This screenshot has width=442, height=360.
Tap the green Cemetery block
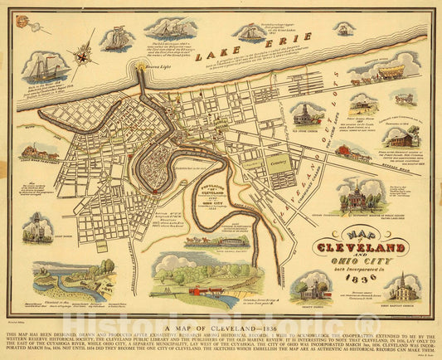279,163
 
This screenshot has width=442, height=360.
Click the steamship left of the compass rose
47,68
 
